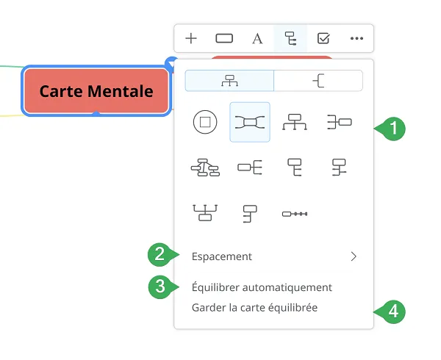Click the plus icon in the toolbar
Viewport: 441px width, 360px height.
191,38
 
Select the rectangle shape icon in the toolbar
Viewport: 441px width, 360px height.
224,38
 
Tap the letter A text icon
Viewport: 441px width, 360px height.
257,39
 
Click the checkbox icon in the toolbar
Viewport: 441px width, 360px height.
323,38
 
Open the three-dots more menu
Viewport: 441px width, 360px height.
356,38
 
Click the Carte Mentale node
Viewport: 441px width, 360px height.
96,91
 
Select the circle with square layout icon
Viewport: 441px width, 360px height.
205,122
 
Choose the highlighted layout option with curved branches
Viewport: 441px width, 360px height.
250,122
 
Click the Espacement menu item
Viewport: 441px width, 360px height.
222,256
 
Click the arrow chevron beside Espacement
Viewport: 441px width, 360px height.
354,256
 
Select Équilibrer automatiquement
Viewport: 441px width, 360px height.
262,287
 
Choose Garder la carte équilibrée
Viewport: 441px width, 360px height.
254,307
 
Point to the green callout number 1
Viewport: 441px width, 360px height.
393,129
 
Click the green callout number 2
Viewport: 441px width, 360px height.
160,255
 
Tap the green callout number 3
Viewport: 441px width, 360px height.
160,287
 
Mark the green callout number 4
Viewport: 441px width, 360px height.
393,312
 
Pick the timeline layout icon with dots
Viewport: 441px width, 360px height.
295,214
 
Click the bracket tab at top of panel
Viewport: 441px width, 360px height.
318,81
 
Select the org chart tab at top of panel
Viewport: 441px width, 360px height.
229,81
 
